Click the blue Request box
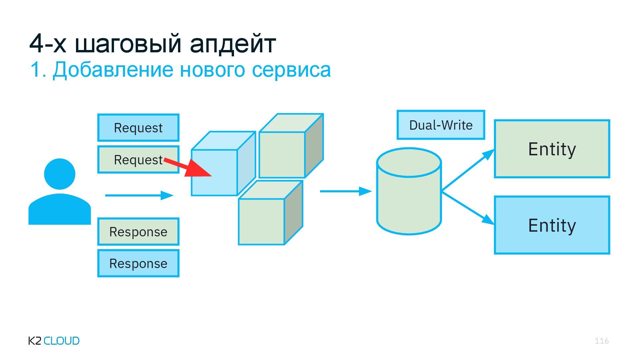138,128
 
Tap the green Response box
138,232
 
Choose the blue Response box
138,263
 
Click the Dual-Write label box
441,125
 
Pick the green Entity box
552,149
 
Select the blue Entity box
552,225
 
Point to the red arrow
190,168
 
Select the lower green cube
262,221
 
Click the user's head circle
60,174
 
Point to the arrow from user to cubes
139,195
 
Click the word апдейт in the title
233,43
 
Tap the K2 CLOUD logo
54,341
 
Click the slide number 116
601,341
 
